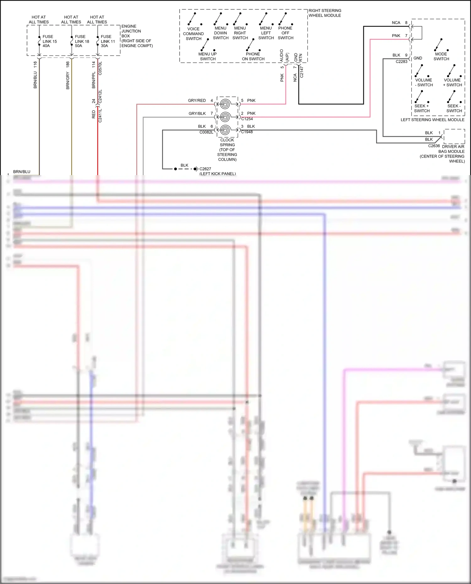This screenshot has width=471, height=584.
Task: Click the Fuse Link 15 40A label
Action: [49, 41]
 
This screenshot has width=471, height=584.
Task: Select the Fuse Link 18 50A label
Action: [82, 41]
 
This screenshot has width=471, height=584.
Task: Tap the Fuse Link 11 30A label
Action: [107, 41]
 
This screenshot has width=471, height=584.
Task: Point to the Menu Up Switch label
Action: [208, 56]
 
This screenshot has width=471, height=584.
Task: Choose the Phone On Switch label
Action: [253, 56]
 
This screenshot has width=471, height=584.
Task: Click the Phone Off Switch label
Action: [285, 33]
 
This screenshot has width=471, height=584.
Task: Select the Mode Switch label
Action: [441, 56]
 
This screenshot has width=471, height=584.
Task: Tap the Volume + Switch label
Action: [452, 83]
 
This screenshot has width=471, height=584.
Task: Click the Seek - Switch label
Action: [454, 108]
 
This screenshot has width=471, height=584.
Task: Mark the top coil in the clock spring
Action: [225, 104]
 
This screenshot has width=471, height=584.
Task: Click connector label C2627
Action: [205, 169]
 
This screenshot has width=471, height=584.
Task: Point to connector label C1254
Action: [247, 119]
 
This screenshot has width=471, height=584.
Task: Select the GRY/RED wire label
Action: [197, 100]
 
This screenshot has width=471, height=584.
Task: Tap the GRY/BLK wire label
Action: [197, 114]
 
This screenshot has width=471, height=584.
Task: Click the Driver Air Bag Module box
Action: [454, 136]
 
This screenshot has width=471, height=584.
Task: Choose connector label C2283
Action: [401, 62]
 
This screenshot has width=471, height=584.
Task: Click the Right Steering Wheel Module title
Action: [325, 13]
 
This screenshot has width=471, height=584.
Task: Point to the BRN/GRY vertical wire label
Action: [68, 80]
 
